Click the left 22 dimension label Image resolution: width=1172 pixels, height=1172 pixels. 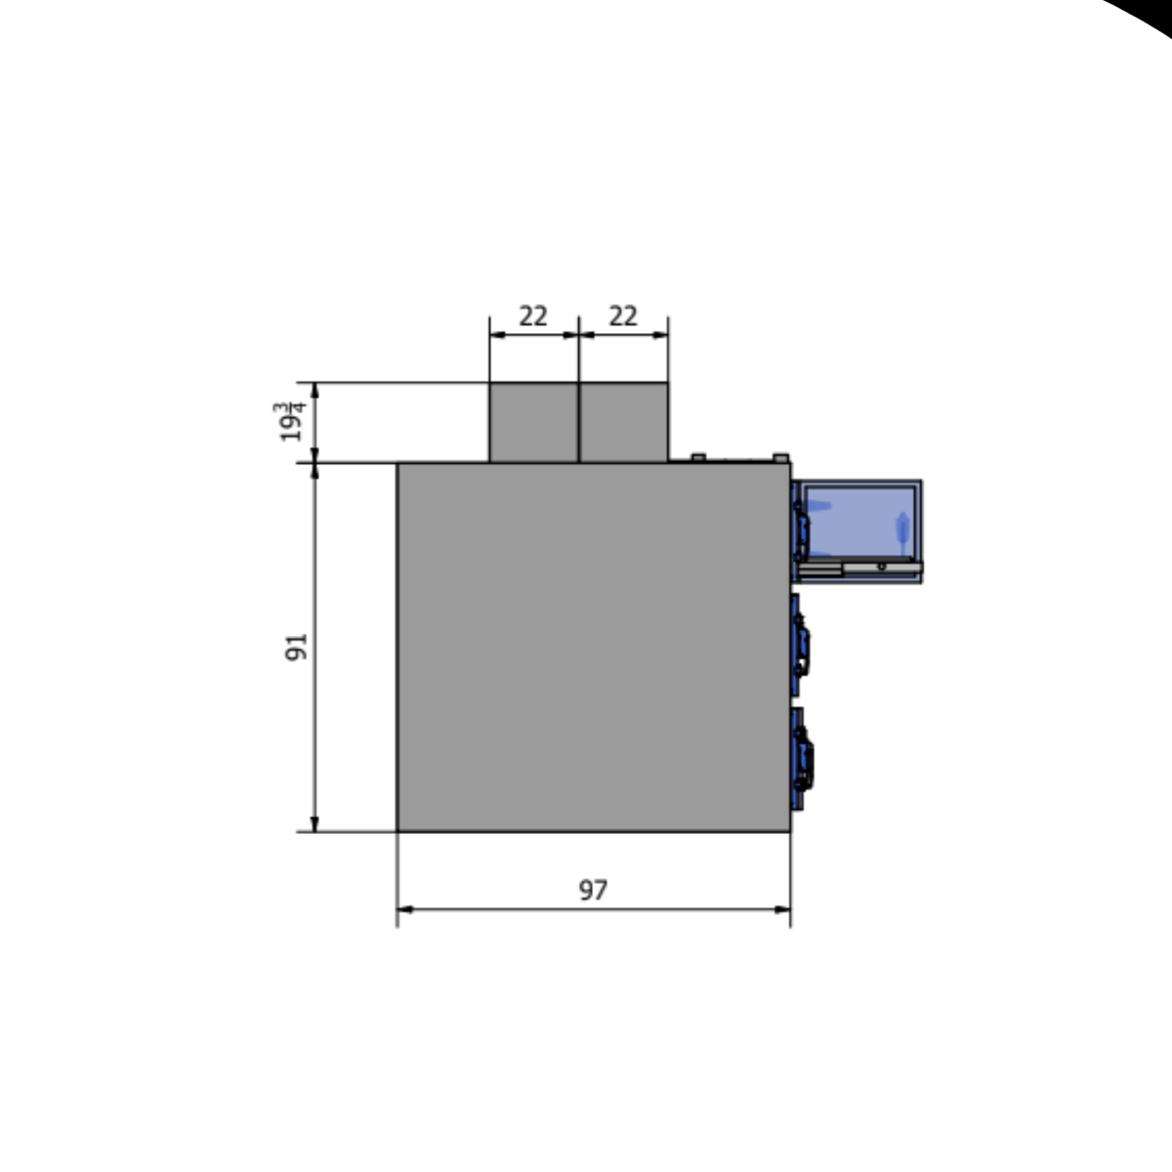pos(532,316)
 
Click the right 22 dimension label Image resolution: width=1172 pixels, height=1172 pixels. pos(622,316)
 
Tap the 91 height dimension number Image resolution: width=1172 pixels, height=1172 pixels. pos(296,647)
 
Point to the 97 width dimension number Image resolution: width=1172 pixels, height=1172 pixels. pos(593,890)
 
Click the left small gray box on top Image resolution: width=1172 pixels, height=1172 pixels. pos(533,422)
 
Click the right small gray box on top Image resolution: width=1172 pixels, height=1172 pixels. pos(624,422)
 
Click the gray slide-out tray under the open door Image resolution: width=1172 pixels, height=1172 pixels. pos(859,566)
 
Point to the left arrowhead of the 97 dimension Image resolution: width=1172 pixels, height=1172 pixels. pos(403,909)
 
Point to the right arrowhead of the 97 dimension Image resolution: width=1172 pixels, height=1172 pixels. pos(783,909)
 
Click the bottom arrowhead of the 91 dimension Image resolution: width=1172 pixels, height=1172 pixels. pos(314,825)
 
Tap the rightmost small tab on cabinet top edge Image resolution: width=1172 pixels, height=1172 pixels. pos(780,456)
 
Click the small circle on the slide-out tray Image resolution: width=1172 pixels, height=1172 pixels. pos(881,565)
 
